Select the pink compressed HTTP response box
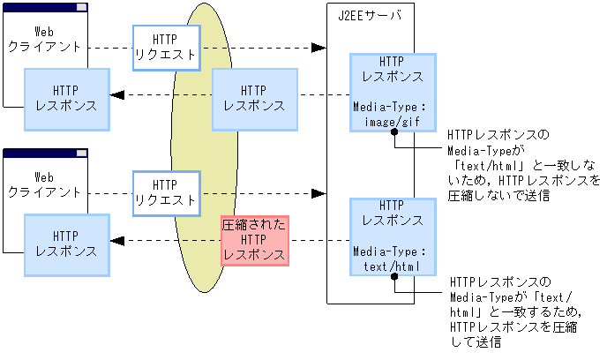pyautogui.click(x=255, y=239)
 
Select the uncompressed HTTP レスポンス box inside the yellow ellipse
pyautogui.click(x=255, y=96)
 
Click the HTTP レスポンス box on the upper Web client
pyautogui.click(x=66, y=96)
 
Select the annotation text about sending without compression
pyautogui.click(x=521, y=166)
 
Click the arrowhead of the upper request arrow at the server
pyautogui.click(x=319, y=47)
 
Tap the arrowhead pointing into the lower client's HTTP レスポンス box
pyautogui.click(x=116, y=241)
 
